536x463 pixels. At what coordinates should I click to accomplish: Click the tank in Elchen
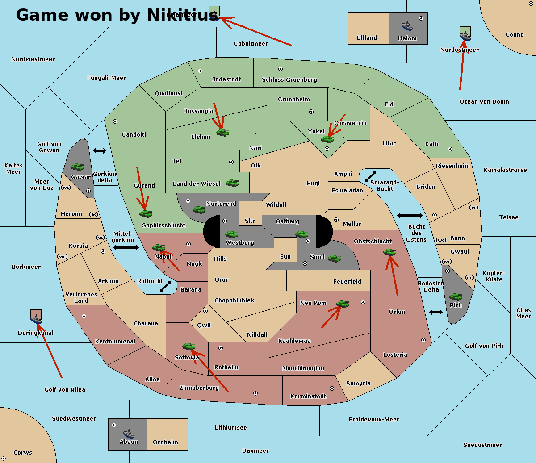pyautogui.click(x=222, y=132)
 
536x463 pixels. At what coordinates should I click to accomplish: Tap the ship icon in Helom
pyautogui.click(x=407, y=26)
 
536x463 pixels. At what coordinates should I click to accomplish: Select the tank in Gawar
pyautogui.click(x=77, y=167)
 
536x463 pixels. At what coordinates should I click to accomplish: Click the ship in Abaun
pyautogui.click(x=129, y=434)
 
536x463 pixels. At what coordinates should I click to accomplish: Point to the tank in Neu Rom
pyautogui.click(x=343, y=304)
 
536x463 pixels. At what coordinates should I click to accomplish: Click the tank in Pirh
pyautogui.click(x=456, y=297)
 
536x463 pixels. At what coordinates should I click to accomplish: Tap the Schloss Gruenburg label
pyautogui.click(x=289, y=80)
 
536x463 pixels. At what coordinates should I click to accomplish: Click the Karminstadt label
pyautogui.click(x=308, y=396)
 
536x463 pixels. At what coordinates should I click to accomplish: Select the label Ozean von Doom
pyautogui.click(x=484, y=102)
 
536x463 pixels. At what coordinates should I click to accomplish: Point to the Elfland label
pyautogui.click(x=367, y=38)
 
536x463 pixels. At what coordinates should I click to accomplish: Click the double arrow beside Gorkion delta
pyautogui.click(x=100, y=151)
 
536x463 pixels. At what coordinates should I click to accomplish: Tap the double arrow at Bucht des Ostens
pyautogui.click(x=410, y=216)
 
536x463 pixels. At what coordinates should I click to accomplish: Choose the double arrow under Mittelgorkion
pyautogui.click(x=126, y=247)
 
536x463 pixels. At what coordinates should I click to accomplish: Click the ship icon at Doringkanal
pyautogui.click(x=36, y=319)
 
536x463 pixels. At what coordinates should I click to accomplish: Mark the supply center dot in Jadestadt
pyautogui.click(x=200, y=71)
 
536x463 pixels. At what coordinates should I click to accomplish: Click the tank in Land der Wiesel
pyautogui.click(x=232, y=183)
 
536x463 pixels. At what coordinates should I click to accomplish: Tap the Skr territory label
pyautogui.click(x=250, y=221)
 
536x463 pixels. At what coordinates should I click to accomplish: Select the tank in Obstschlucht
pyautogui.click(x=389, y=252)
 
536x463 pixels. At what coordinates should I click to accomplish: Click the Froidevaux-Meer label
pyautogui.click(x=374, y=420)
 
